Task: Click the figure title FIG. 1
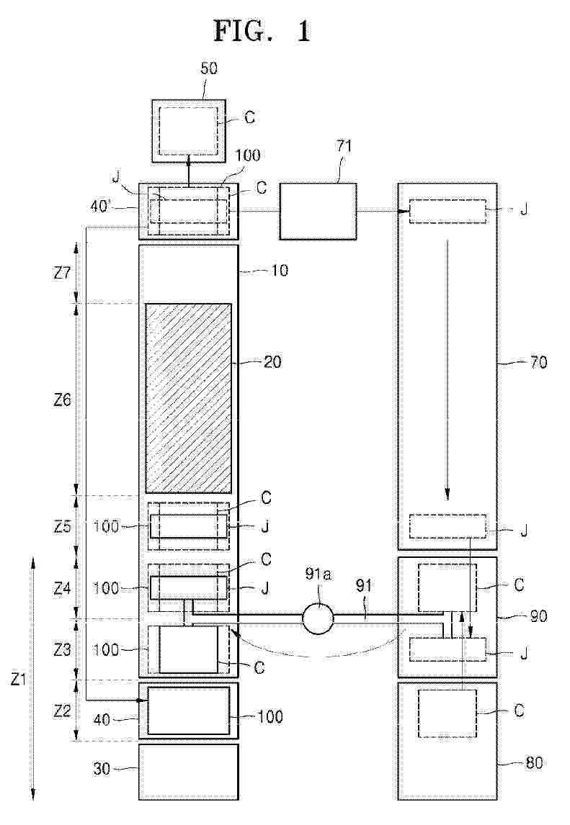coord(262,31)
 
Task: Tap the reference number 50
coord(209,68)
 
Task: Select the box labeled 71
coord(318,212)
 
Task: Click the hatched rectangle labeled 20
coord(188,398)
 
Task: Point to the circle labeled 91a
coord(319,617)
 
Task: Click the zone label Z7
coord(62,274)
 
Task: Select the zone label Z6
coord(62,400)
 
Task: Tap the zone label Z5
coord(62,526)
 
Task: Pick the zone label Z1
coord(19,680)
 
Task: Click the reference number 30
coord(102,769)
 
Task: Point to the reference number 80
coord(534,762)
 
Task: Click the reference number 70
coord(538,362)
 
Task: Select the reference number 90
coord(538,616)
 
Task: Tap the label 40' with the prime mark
coord(101,207)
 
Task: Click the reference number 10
coord(280,271)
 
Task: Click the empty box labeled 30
coord(189,772)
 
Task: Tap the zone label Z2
coord(62,711)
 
